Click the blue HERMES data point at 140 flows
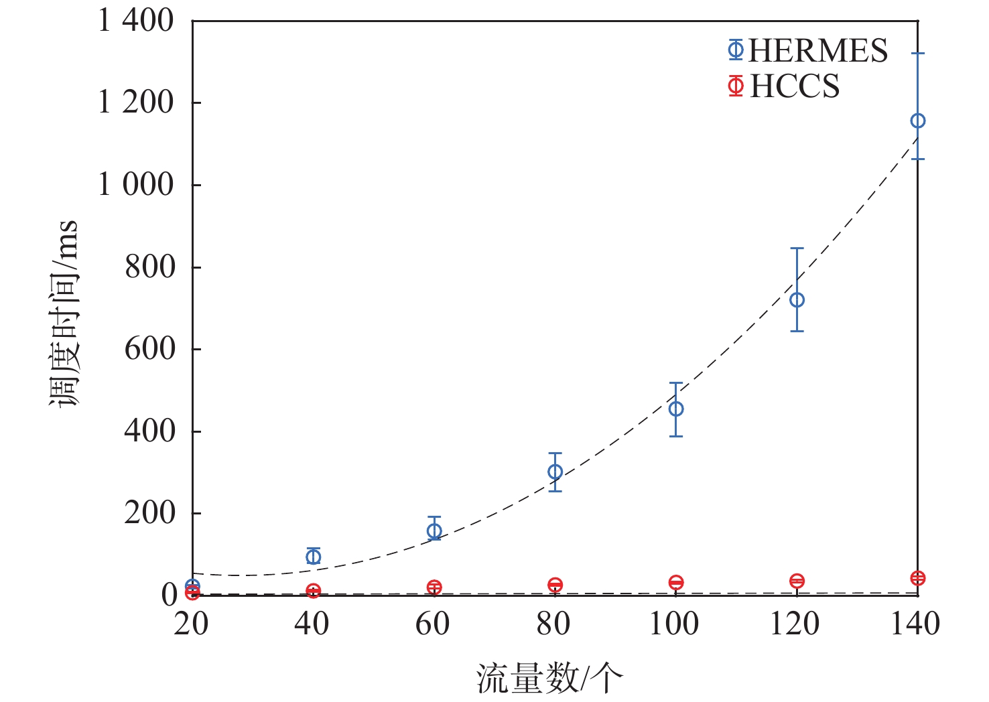coord(917,121)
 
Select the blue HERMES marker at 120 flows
coord(797,300)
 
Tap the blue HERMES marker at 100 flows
coord(676,409)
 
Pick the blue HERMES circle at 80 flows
coord(555,472)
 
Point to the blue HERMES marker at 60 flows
coord(434,531)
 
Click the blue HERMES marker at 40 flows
coord(313,556)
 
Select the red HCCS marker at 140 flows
coord(917,578)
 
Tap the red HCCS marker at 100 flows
coord(676,583)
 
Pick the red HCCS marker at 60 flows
coord(434,587)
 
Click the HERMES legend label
coord(817,51)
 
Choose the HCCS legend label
coord(795,86)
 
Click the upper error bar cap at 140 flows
coord(917,53)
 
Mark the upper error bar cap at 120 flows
coord(797,249)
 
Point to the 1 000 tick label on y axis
coord(136,184)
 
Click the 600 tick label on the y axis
coord(149,348)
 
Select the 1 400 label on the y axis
coord(136,21)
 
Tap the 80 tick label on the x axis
coord(553,624)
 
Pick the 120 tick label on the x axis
coord(795,624)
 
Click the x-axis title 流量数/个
coord(549,678)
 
